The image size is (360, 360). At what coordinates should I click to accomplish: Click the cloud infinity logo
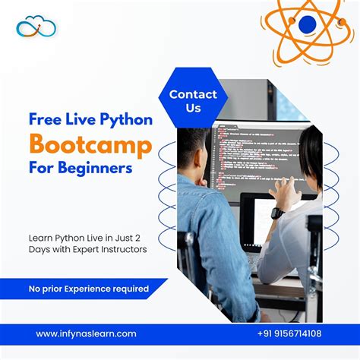[x=36, y=27]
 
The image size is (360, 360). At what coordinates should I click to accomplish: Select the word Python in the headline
[x=125, y=119]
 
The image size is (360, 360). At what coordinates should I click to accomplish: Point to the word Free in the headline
[x=44, y=119]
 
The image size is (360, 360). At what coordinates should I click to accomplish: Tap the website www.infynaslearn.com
[x=86, y=333]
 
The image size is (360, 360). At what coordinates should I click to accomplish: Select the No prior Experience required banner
[x=88, y=289]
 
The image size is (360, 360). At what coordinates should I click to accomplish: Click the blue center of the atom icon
[x=307, y=25]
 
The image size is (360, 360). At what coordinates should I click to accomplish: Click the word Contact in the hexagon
[x=193, y=95]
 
